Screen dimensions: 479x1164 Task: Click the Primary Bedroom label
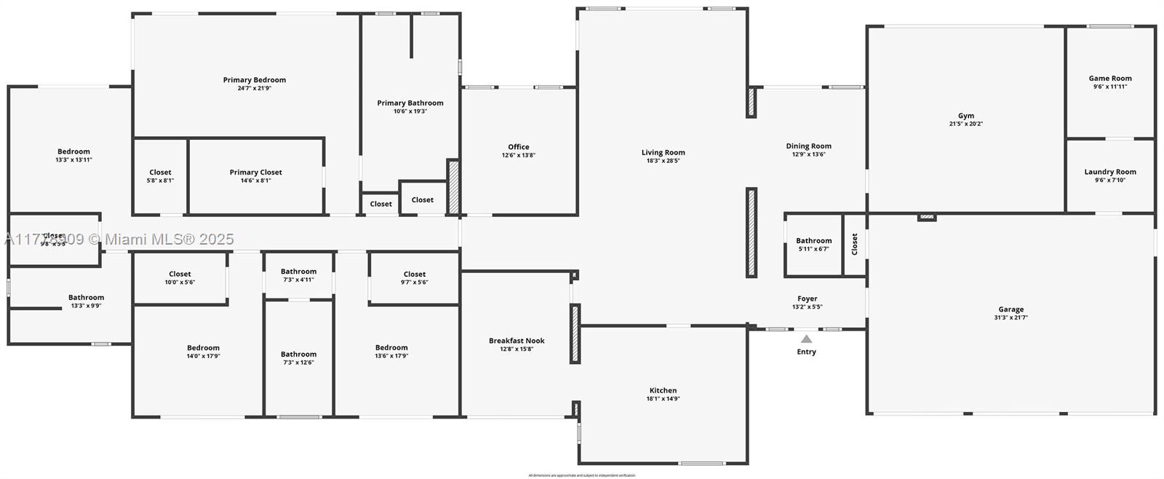(255, 80)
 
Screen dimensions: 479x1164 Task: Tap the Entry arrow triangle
(806, 339)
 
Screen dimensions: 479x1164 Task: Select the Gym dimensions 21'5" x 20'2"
(966, 124)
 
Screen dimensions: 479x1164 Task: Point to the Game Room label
(1110, 79)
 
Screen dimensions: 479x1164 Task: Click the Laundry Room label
(1110, 172)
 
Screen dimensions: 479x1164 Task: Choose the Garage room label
(1010, 309)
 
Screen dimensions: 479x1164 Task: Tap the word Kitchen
(663, 390)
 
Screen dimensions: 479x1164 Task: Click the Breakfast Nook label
(517, 341)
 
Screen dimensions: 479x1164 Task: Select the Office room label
(519, 147)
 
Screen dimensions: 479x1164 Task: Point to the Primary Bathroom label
(410, 103)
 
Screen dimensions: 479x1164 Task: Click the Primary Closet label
(256, 173)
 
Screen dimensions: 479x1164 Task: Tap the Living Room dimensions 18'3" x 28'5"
(663, 161)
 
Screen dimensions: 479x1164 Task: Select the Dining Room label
(808, 146)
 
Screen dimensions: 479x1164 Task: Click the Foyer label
(807, 298)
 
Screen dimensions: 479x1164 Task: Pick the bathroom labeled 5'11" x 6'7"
(813, 245)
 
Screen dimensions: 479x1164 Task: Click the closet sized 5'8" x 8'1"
(160, 176)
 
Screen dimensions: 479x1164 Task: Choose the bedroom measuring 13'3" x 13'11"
(73, 156)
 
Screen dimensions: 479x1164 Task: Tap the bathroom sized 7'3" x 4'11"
(298, 275)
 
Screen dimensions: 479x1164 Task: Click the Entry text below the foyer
(807, 352)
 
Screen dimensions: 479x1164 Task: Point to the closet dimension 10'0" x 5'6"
(180, 282)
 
